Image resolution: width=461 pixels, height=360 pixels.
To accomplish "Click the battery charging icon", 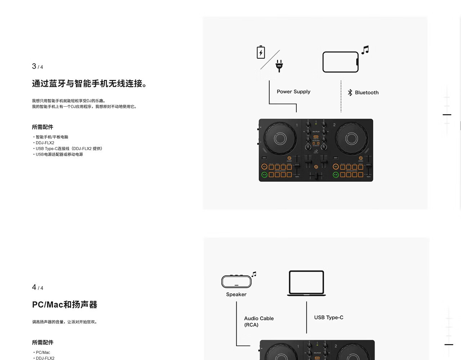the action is pyautogui.click(x=261, y=53).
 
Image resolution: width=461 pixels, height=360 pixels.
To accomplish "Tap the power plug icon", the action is pyautogui.click(x=279, y=66).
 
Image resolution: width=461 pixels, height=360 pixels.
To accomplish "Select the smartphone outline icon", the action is pyautogui.click(x=340, y=62).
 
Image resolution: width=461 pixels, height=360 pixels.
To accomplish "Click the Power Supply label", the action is pyautogui.click(x=293, y=92).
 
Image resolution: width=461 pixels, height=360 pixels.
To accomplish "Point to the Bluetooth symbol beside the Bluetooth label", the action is pyautogui.click(x=350, y=93).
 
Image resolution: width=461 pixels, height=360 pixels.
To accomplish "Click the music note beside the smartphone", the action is pyautogui.click(x=365, y=50).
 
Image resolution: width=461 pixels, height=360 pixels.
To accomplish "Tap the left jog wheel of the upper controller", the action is pyautogui.click(x=280, y=138).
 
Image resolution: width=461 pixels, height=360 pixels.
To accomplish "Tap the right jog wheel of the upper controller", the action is pyautogui.click(x=352, y=138).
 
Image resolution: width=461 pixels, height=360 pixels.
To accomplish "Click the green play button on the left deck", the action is pyautogui.click(x=264, y=175).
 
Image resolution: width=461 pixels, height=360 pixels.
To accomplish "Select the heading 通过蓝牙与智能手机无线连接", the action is pyautogui.click(x=89, y=84).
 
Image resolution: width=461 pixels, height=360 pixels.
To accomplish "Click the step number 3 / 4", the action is pyautogui.click(x=37, y=67).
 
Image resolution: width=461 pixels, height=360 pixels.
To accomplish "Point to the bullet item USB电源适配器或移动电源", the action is pyautogui.click(x=59, y=154).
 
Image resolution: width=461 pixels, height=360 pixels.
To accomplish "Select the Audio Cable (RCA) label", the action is pyautogui.click(x=259, y=321).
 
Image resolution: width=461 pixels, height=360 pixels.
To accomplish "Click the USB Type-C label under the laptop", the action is pyautogui.click(x=328, y=318).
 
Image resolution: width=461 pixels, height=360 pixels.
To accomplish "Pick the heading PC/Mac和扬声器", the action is pyautogui.click(x=64, y=305).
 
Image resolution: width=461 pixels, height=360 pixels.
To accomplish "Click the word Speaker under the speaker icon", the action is pyautogui.click(x=236, y=294).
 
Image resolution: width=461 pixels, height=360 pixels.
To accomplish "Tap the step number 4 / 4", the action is pyautogui.click(x=37, y=288).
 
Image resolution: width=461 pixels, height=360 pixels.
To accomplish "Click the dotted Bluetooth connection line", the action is pyautogui.click(x=341, y=96).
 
